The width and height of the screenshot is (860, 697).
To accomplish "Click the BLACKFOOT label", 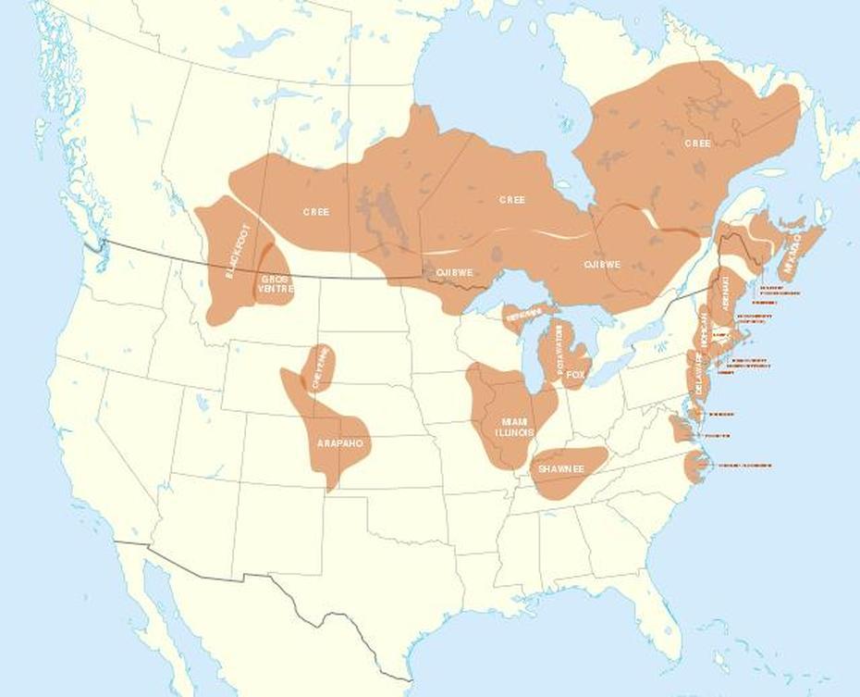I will (x=238, y=252).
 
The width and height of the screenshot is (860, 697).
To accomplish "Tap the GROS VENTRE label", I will (x=276, y=283).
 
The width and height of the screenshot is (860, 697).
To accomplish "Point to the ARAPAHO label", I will (x=339, y=444).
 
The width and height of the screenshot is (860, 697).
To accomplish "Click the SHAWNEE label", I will (x=561, y=469).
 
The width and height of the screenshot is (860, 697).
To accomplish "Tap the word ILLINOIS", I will (x=515, y=432).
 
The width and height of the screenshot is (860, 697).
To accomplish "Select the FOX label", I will (x=576, y=375).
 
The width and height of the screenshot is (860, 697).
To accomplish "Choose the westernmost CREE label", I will (x=315, y=212).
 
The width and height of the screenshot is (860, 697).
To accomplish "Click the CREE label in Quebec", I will (x=697, y=143).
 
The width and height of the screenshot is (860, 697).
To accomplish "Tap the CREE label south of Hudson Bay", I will (x=511, y=200).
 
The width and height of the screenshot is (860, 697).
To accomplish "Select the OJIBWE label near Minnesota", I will (x=455, y=273).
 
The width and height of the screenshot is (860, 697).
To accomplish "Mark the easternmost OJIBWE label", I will (x=602, y=265).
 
